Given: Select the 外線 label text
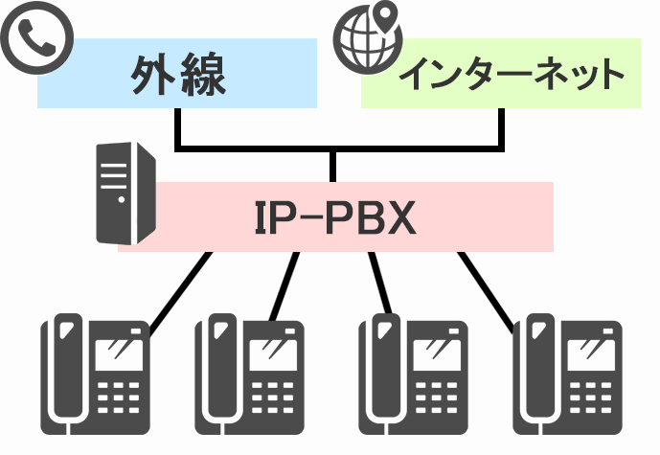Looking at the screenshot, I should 178,76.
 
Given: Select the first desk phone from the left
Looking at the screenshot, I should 95,374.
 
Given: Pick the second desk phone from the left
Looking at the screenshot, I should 248,374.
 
